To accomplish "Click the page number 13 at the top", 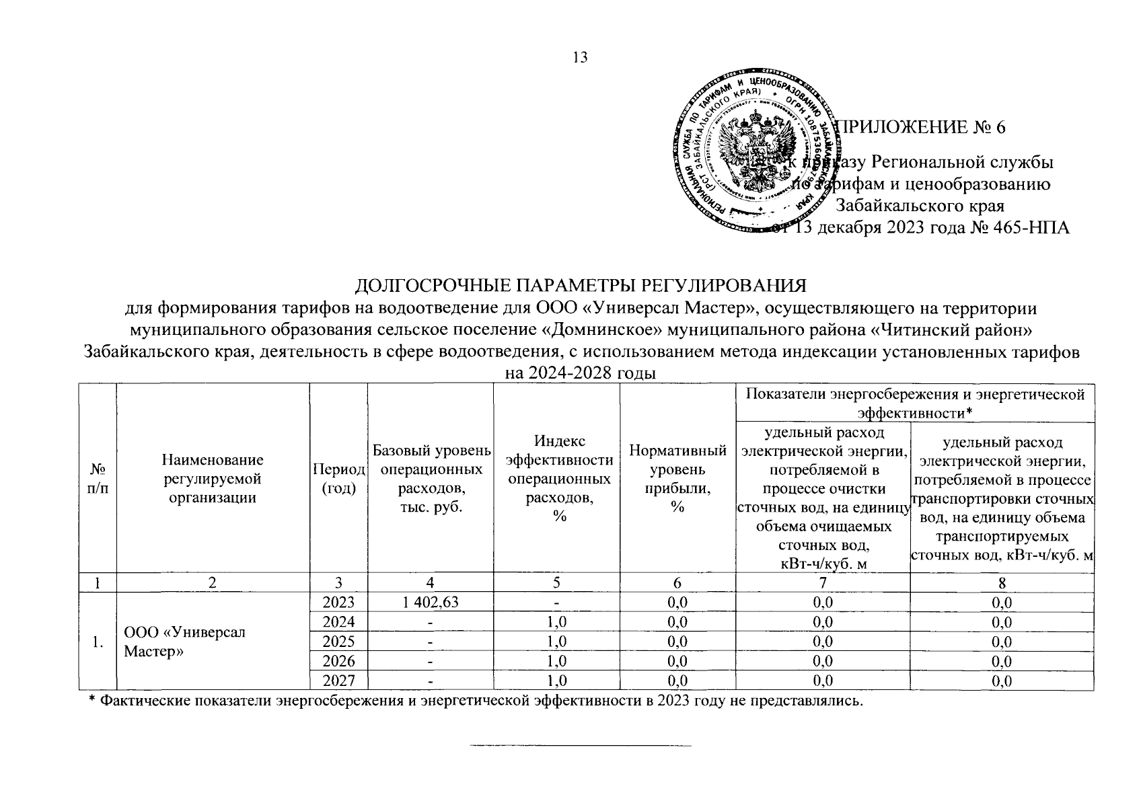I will [x=580, y=57].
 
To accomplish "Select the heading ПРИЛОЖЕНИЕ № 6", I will [x=920, y=127].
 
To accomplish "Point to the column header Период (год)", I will [x=338, y=479].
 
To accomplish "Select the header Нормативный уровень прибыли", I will [x=677, y=479].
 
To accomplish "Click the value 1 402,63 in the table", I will [x=431, y=603].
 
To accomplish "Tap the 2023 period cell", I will [x=338, y=603].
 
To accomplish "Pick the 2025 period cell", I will [x=338, y=642].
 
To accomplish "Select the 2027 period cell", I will [x=338, y=681].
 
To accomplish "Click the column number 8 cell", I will [x=1002, y=583].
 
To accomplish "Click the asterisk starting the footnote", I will [x=92, y=701].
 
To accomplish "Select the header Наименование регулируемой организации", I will [x=213, y=479].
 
